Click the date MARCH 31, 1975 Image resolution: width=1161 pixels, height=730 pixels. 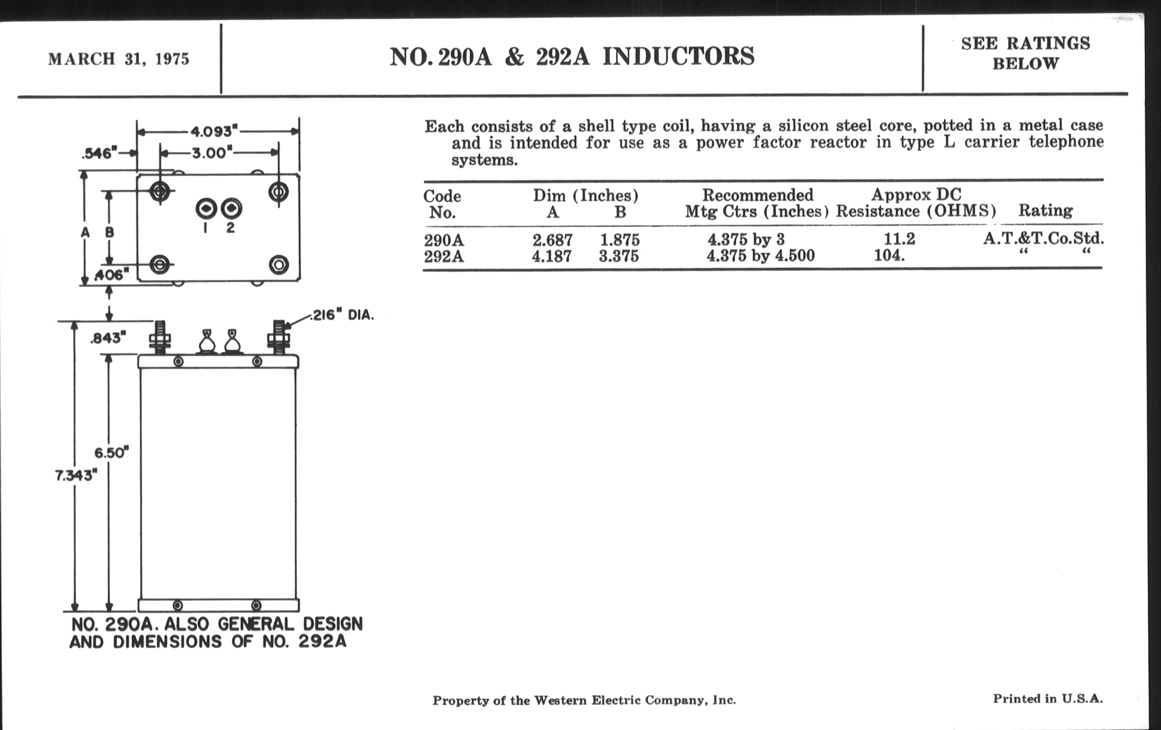tap(118, 59)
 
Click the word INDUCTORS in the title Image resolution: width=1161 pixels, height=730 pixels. tap(678, 56)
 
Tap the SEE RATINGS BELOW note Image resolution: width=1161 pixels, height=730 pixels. tap(1025, 53)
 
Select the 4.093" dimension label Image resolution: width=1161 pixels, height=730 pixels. tap(213, 131)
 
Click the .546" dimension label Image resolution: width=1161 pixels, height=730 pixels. tap(100, 153)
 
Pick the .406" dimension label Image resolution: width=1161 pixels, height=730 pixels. tap(111, 275)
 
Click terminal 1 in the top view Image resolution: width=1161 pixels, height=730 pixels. tap(206, 209)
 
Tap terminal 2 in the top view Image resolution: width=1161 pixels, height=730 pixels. tap(232, 209)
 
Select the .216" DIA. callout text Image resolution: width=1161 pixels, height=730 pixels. tap(342, 315)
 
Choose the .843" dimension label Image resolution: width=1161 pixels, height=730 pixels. tap(108, 338)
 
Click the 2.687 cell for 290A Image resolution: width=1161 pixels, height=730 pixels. tap(552, 240)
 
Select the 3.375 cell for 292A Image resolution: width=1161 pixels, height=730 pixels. tap(619, 256)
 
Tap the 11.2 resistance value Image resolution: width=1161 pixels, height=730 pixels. tap(899, 239)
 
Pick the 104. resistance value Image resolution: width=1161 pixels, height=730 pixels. tap(889, 255)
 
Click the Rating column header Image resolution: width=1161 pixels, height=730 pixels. tap(1045, 210)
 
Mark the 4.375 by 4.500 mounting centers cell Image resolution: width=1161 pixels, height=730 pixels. tap(760, 255)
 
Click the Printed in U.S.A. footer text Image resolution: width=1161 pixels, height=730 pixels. tap(1048, 698)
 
